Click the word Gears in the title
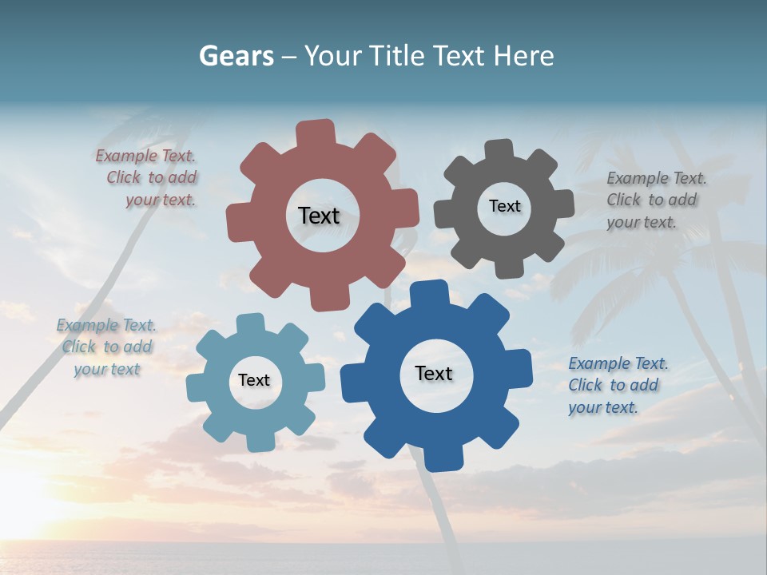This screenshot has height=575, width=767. coord(236,56)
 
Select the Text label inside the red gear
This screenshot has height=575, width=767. coord(319,216)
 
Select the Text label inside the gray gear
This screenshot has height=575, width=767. coord(504,206)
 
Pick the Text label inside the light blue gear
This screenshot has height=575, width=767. coord(254,381)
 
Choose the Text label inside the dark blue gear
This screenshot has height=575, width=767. coord(434,374)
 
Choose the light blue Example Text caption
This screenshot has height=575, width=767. coord(106,347)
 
